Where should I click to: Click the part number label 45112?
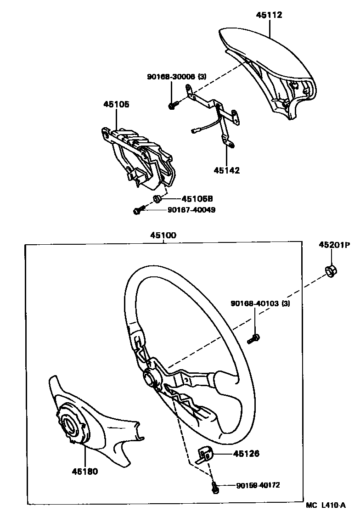tap(269, 15)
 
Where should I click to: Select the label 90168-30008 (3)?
tap(170, 77)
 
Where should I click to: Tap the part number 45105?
tap(116, 104)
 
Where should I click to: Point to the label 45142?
tap(226, 170)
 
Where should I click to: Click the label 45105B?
tap(197, 199)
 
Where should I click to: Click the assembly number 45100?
tap(163, 235)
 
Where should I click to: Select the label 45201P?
tap(334, 245)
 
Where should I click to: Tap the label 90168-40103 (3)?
tap(260, 303)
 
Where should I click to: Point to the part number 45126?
tap(246, 454)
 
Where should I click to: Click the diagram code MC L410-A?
tap(326, 505)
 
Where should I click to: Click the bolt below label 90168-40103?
tap(253, 339)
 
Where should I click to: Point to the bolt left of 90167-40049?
tap(138, 210)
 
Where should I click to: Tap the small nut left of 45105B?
tap(157, 199)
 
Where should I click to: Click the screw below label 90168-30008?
tap(173, 106)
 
